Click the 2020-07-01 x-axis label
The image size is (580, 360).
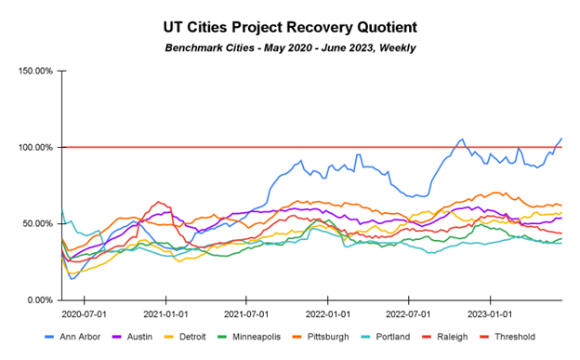click(85, 313)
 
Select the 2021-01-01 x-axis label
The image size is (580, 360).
click(166, 313)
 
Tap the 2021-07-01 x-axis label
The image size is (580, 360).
click(246, 313)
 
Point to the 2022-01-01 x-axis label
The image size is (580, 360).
click(328, 313)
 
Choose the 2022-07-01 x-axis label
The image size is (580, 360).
click(409, 313)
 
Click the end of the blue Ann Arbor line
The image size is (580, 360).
click(561, 139)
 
